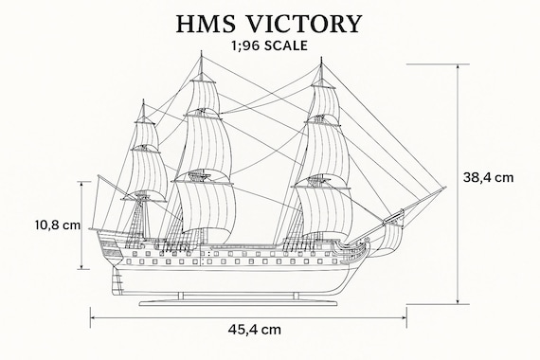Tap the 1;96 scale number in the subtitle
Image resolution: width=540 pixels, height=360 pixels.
(242, 45)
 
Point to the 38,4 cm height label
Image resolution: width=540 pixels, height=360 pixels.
(489, 176)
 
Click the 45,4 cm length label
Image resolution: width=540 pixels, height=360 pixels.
(255, 330)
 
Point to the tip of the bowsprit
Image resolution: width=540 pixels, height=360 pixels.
(444, 189)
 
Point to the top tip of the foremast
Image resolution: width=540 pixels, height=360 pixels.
(322, 59)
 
